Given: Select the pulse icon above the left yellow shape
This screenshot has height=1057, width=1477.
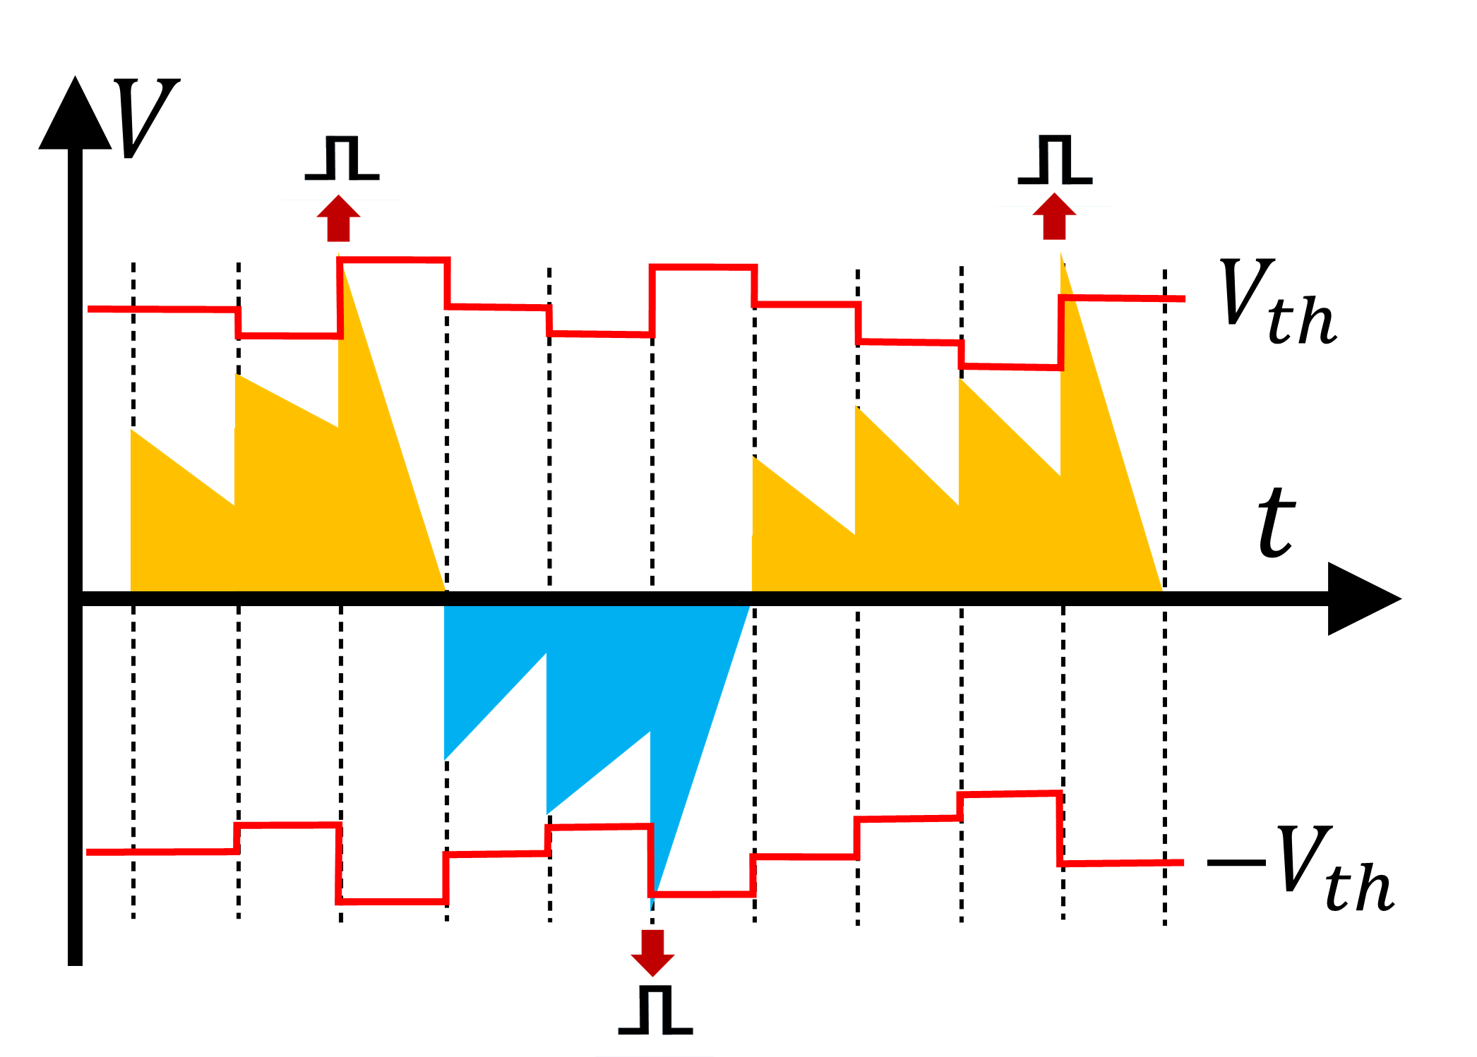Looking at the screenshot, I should point(342,159).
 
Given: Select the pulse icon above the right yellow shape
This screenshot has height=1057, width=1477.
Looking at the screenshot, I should point(1055,162).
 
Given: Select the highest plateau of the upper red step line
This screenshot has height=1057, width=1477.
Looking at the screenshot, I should point(394,260).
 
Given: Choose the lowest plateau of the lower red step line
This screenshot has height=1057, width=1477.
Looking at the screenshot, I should point(392,902).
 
